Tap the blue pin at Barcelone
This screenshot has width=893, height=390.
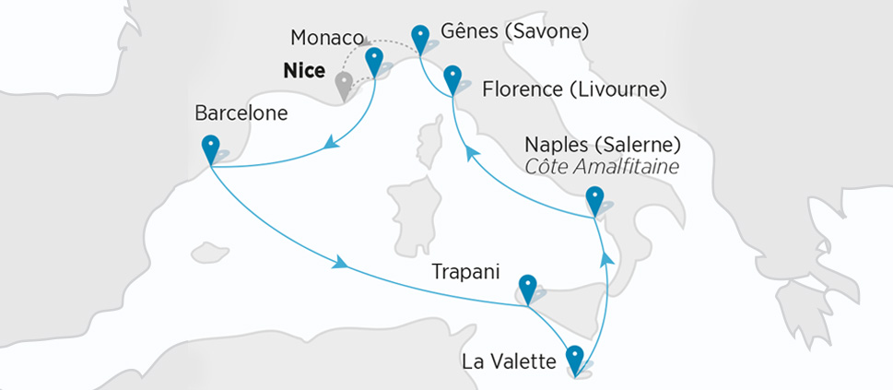click(x=211, y=147)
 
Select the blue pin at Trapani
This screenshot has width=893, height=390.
click(x=527, y=286)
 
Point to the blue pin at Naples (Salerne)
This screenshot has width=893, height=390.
click(x=594, y=198)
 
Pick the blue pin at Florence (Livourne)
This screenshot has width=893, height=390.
click(x=452, y=77)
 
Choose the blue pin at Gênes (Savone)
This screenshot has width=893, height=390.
click(x=421, y=38)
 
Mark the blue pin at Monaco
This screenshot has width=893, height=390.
click(x=374, y=61)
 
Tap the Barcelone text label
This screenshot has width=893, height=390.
click(x=241, y=113)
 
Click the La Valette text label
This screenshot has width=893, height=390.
click(x=509, y=362)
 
